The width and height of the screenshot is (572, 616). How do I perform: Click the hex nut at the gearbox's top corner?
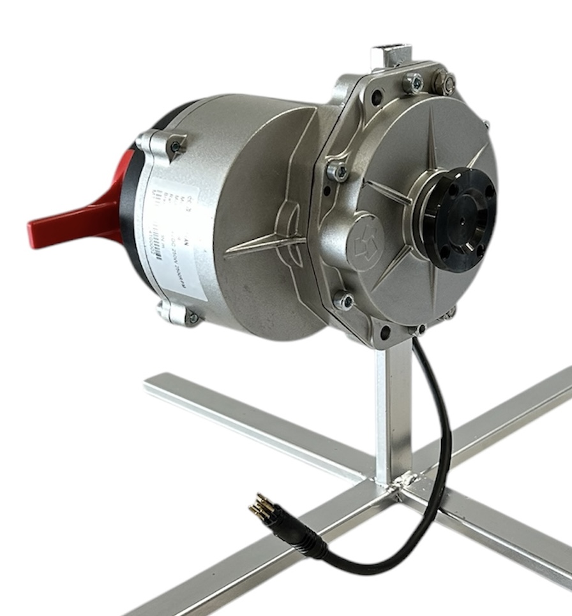click(445, 82)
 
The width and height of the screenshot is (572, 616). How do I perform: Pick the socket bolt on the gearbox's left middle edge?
click(338, 171)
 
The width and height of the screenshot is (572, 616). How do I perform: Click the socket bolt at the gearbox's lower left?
click(343, 300)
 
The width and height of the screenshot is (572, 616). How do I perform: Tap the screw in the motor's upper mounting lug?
click(174, 147)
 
